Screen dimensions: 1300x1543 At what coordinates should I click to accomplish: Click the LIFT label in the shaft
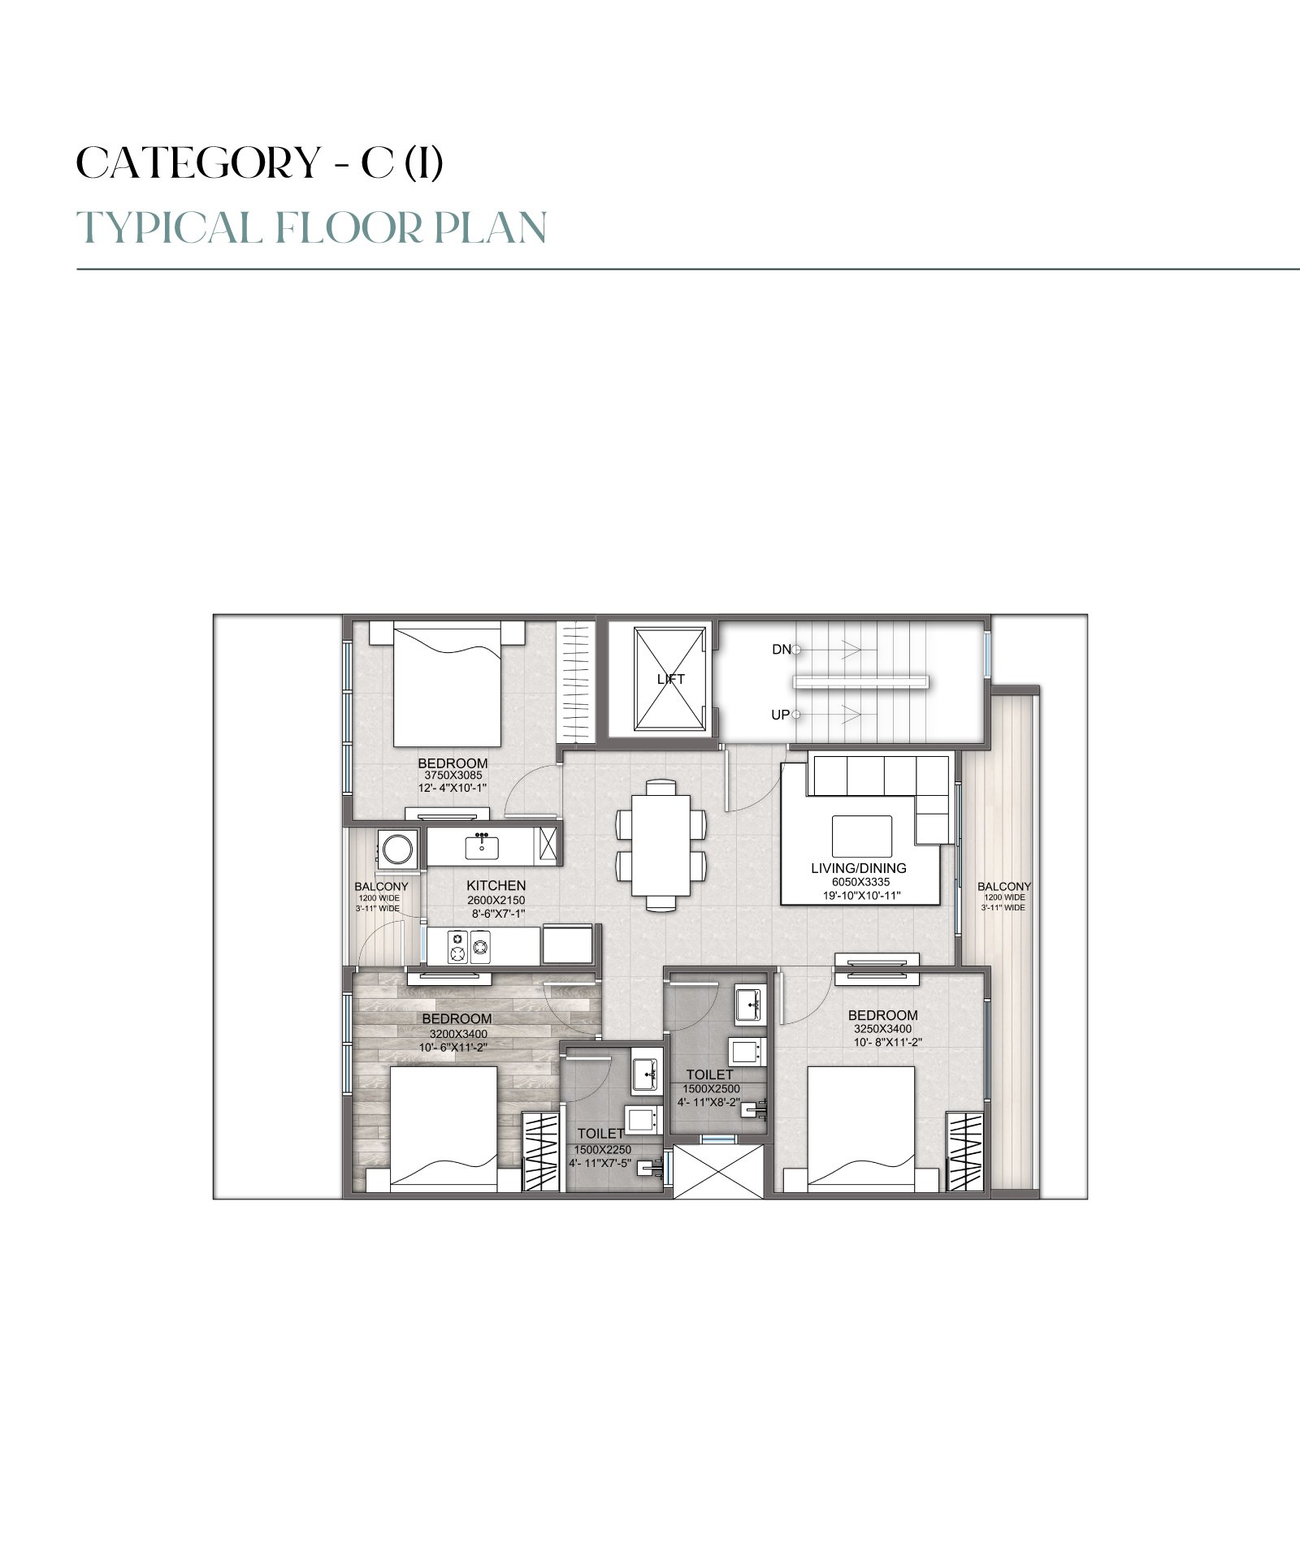click(670, 679)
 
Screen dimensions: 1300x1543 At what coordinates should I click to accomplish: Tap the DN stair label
click(781, 650)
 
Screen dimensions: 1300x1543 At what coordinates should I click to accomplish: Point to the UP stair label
click(780, 715)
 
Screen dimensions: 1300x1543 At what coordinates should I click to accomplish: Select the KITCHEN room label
click(496, 886)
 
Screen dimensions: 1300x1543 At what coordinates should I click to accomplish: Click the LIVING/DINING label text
click(859, 868)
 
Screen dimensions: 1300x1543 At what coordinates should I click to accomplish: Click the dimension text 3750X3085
click(453, 776)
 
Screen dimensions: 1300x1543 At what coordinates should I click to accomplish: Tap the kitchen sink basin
click(483, 848)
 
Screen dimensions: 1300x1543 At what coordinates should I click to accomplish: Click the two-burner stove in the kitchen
click(469, 946)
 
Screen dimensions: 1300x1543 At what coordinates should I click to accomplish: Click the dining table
click(661, 845)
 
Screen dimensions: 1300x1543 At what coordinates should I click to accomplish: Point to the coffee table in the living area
click(861, 836)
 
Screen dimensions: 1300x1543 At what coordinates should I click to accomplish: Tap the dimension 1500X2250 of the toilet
click(602, 1150)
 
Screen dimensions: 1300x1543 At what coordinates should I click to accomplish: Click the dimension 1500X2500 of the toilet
click(711, 1089)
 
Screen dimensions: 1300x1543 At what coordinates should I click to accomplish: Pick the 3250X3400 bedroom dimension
click(882, 1029)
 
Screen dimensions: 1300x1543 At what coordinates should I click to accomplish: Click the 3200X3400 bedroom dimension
click(458, 1034)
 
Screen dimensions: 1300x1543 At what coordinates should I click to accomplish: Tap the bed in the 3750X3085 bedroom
click(446, 684)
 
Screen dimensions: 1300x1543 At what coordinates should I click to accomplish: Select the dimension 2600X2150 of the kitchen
click(496, 901)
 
